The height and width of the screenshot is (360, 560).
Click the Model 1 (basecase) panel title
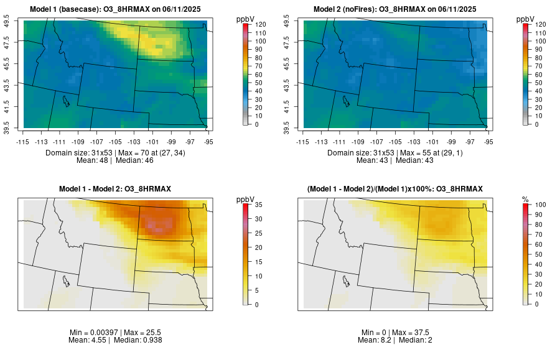click(x=118, y=9)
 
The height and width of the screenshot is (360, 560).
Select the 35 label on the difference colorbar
click(x=258, y=204)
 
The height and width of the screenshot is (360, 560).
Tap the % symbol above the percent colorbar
click(x=525, y=200)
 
